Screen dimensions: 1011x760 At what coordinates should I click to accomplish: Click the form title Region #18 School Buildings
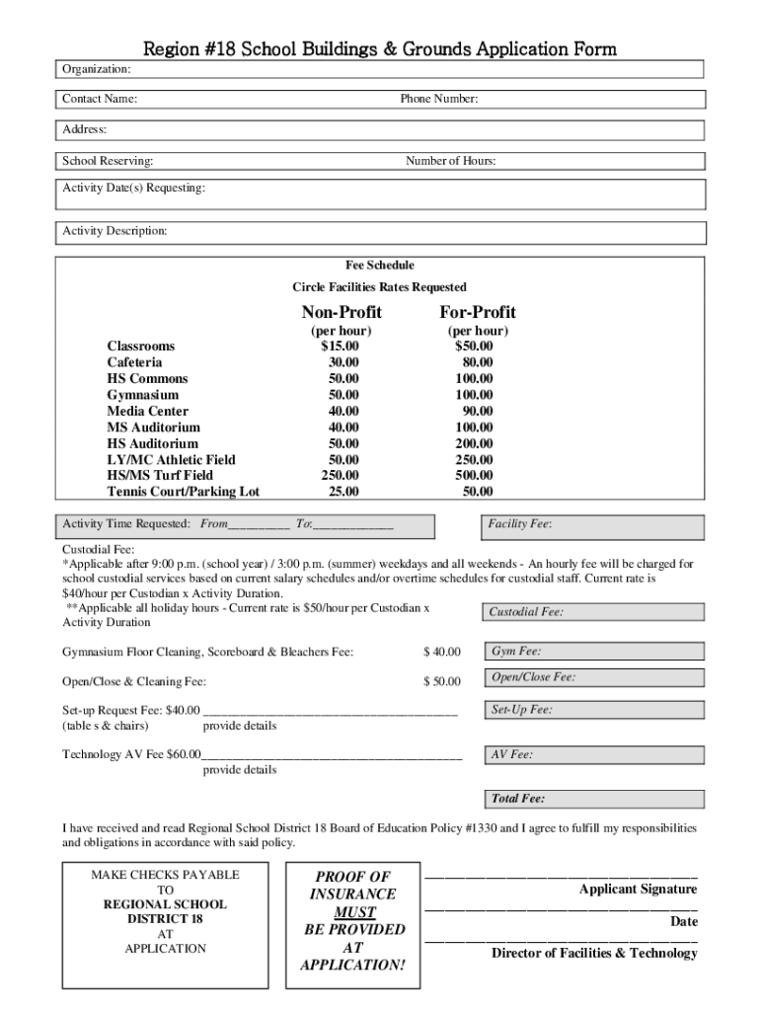coord(380,48)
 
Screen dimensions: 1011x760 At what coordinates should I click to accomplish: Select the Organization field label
coord(97,69)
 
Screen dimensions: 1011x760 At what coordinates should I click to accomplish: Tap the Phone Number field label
coord(439,99)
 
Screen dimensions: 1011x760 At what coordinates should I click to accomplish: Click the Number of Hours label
coord(450,161)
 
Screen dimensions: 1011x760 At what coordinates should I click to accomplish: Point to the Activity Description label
coord(114,231)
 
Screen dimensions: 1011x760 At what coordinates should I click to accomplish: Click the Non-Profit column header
coord(342,312)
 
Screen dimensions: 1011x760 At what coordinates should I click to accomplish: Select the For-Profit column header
coord(478,312)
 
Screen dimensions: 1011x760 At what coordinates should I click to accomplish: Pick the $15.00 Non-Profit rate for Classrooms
coord(341,347)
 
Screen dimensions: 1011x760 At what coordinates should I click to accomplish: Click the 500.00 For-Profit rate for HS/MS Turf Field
coord(474,475)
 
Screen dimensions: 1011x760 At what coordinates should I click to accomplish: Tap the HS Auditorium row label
coord(153,443)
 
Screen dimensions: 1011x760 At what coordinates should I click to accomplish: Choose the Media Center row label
coord(147,411)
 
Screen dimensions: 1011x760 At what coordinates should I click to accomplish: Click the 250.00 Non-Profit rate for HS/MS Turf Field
coord(341,475)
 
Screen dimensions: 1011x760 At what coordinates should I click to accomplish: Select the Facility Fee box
coord(592,526)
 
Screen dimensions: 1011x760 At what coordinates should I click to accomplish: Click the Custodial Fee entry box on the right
coord(592,612)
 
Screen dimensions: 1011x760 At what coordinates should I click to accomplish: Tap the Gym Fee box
coord(592,652)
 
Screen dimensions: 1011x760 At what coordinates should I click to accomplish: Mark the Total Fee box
coord(592,799)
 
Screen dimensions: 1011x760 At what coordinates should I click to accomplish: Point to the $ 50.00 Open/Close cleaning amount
coord(442,681)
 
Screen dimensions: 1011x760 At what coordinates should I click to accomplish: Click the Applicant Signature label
coord(638,890)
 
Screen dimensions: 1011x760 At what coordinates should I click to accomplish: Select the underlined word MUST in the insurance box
coord(354,912)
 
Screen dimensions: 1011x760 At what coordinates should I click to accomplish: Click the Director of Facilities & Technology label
coord(594,953)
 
